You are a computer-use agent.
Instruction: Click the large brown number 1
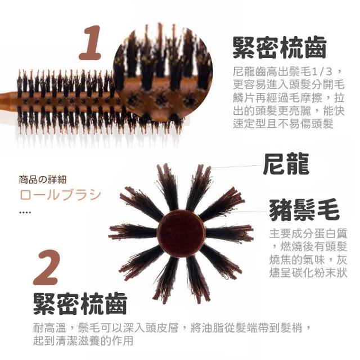point(91,43)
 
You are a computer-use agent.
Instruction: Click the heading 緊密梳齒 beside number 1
point(280,47)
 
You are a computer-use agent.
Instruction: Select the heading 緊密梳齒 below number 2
point(80,304)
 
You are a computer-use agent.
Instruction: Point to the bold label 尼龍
point(286,163)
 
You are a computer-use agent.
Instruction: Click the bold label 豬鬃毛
point(304,209)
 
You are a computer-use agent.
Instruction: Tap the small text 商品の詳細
point(43,180)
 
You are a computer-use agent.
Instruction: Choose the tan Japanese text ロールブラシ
point(60,195)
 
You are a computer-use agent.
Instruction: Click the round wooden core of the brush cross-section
point(181,232)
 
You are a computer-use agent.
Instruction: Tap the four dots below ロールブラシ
point(25,213)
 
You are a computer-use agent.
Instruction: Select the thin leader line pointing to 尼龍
point(236,166)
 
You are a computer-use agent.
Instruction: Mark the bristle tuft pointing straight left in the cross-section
point(133,231)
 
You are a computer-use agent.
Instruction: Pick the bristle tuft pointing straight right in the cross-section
point(229,233)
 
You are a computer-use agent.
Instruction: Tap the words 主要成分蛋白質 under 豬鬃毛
point(308,233)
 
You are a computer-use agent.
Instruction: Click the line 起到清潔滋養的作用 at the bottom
point(83,340)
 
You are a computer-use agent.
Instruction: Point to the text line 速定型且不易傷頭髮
point(283,124)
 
